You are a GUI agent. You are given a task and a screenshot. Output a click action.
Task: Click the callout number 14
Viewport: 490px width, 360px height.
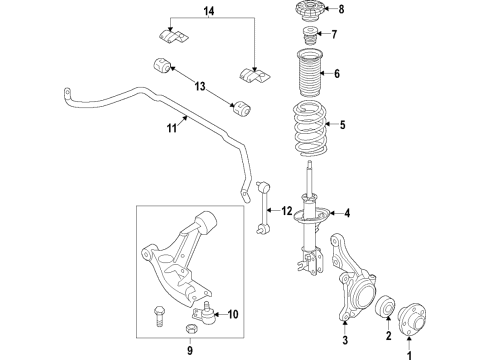(209, 12)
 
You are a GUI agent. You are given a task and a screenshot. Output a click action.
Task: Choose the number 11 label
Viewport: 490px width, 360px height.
(171, 128)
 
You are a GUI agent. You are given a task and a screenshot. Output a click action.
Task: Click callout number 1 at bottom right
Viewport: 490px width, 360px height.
(408, 352)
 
